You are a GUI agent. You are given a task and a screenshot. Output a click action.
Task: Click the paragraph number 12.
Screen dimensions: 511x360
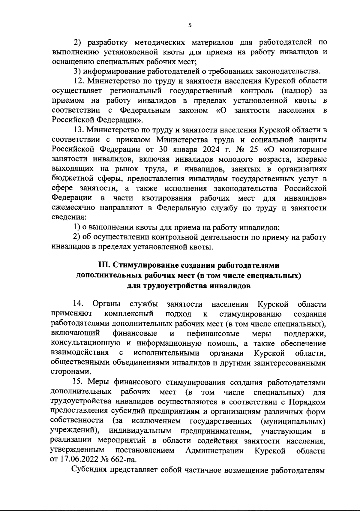(79, 81)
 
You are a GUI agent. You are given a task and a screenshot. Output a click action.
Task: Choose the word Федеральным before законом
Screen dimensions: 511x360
(145, 110)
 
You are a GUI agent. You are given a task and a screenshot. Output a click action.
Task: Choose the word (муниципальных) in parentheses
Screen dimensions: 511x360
(293, 422)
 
